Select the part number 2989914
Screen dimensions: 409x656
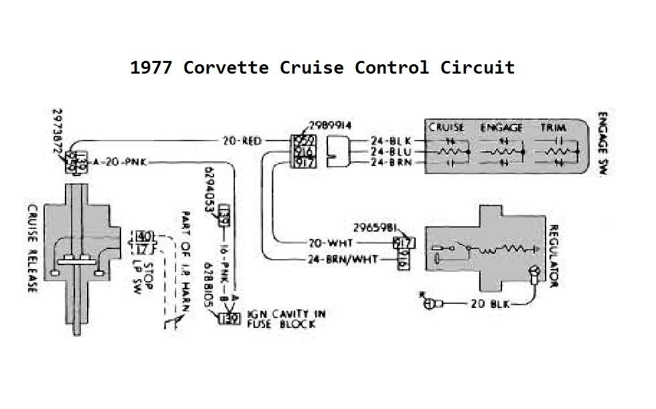330,126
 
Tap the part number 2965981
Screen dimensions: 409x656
377,226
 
